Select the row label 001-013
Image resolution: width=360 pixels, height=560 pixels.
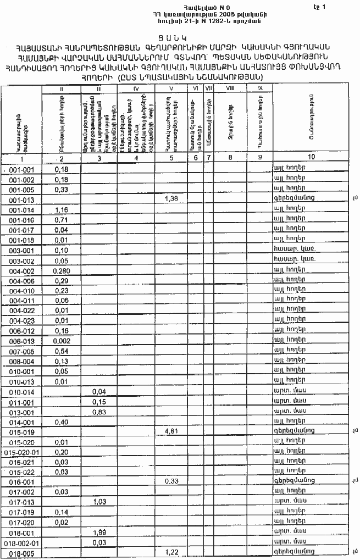click(x=22, y=199)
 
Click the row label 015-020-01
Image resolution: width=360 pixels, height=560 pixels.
click(x=22, y=452)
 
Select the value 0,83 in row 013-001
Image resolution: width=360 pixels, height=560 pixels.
click(x=99, y=412)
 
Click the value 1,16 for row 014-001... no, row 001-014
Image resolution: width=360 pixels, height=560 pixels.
click(x=61, y=210)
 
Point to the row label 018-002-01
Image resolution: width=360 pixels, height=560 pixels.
click(x=22, y=542)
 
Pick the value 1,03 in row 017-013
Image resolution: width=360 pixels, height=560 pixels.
click(x=99, y=502)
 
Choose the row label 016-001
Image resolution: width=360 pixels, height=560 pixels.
click(x=22, y=482)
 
